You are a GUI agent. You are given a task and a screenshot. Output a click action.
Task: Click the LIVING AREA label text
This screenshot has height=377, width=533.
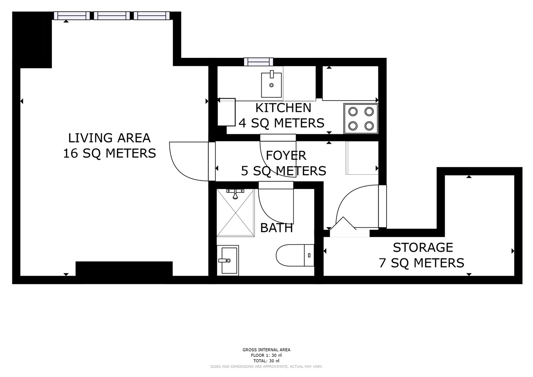point(109,138)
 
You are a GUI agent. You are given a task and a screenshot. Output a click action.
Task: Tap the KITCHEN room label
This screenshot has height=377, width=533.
point(283,108)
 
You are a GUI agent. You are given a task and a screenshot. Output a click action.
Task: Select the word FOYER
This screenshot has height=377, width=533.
point(286,156)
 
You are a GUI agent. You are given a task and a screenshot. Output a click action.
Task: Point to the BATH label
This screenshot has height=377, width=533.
point(277,228)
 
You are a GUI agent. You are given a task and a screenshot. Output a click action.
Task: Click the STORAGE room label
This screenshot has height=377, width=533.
point(423,247)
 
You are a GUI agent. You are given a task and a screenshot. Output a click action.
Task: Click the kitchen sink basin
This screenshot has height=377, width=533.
point(271,84)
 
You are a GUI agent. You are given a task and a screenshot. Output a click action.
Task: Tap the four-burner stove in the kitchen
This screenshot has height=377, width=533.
point(361,119)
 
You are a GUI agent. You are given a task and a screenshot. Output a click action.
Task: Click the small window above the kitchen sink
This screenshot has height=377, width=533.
point(258,62)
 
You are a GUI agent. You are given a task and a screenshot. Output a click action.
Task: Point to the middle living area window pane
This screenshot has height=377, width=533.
point(112,16)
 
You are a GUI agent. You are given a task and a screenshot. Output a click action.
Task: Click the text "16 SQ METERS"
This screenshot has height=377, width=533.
point(110,153)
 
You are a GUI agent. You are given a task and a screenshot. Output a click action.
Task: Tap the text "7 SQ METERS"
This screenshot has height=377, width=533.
point(421,263)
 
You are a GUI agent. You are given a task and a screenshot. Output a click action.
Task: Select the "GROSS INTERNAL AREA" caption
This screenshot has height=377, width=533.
point(266,350)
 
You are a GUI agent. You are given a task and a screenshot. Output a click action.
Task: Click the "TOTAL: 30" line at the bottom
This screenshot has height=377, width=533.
point(266,361)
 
